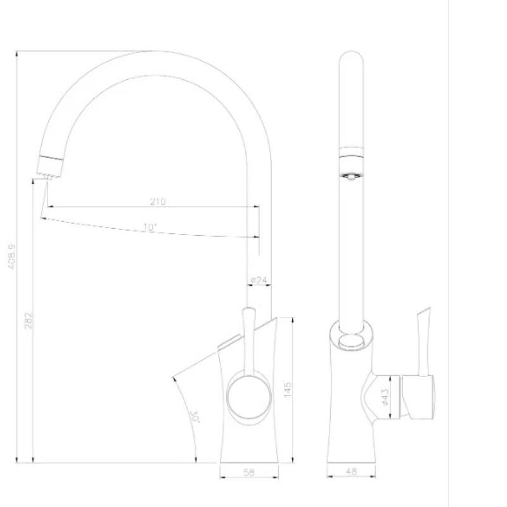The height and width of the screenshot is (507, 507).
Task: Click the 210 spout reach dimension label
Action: point(158,202)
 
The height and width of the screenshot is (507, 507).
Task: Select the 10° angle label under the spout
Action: point(150,227)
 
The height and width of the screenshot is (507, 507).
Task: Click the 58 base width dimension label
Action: point(248,473)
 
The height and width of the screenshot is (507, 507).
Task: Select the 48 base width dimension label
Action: point(352,473)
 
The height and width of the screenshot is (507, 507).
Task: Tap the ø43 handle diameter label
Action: point(385,396)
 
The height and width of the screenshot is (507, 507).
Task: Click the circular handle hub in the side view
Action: point(248,397)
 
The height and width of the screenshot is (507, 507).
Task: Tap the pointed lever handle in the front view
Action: point(423,317)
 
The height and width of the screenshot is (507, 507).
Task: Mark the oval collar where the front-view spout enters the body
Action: point(352,337)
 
